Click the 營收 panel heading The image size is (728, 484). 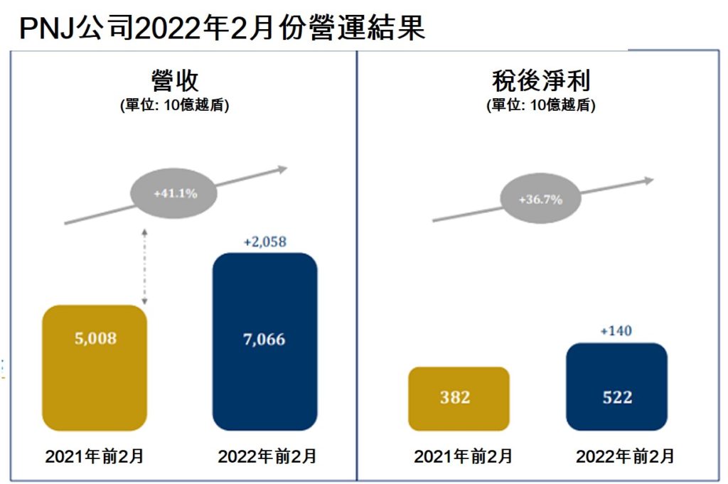pos(174,80)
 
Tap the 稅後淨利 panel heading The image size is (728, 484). pos(540,80)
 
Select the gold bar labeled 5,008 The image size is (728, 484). pos(95,367)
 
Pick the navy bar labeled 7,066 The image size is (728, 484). pos(264,341)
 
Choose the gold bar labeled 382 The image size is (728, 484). pos(459,398)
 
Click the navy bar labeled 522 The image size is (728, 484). pos(616,387)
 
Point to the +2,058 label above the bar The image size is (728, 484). pos(264,242)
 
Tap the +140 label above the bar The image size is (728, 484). pos(616,330)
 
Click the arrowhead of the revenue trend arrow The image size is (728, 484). pos(282,169)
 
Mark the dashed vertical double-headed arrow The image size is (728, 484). pos(144,267)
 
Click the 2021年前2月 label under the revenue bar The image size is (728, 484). pos(95,456)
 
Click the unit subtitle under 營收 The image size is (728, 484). pos(174,105)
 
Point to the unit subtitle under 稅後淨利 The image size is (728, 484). pos(540,105)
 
